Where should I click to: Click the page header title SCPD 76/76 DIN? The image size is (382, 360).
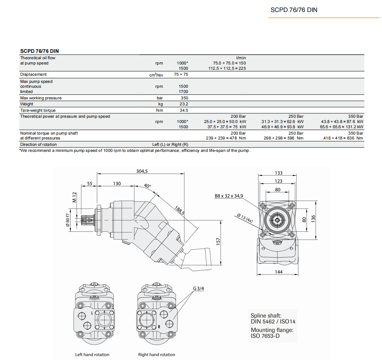(x=293, y=10)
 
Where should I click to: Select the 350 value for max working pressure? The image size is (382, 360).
(x=184, y=98)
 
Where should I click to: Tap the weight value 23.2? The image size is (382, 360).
(x=184, y=104)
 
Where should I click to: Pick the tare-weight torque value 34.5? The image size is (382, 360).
(x=184, y=110)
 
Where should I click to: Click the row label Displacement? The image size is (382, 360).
(x=34, y=74)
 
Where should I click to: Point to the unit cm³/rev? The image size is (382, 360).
(x=156, y=75)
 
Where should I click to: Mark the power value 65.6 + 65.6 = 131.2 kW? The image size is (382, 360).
(x=341, y=127)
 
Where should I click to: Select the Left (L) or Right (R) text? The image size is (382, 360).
(x=170, y=144)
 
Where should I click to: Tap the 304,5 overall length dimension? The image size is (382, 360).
(x=141, y=171)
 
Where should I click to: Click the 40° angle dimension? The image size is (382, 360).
(x=147, y=186)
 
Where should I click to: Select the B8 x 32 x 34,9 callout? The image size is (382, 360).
(x=229, y=196)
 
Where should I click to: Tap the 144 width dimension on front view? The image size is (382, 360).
(x=278, y=272)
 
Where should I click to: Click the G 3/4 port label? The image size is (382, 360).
(x=199, y=288)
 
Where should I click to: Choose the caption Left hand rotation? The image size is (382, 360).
(x=92, y=354)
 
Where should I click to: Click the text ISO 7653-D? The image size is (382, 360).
(x=265, y=336)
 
